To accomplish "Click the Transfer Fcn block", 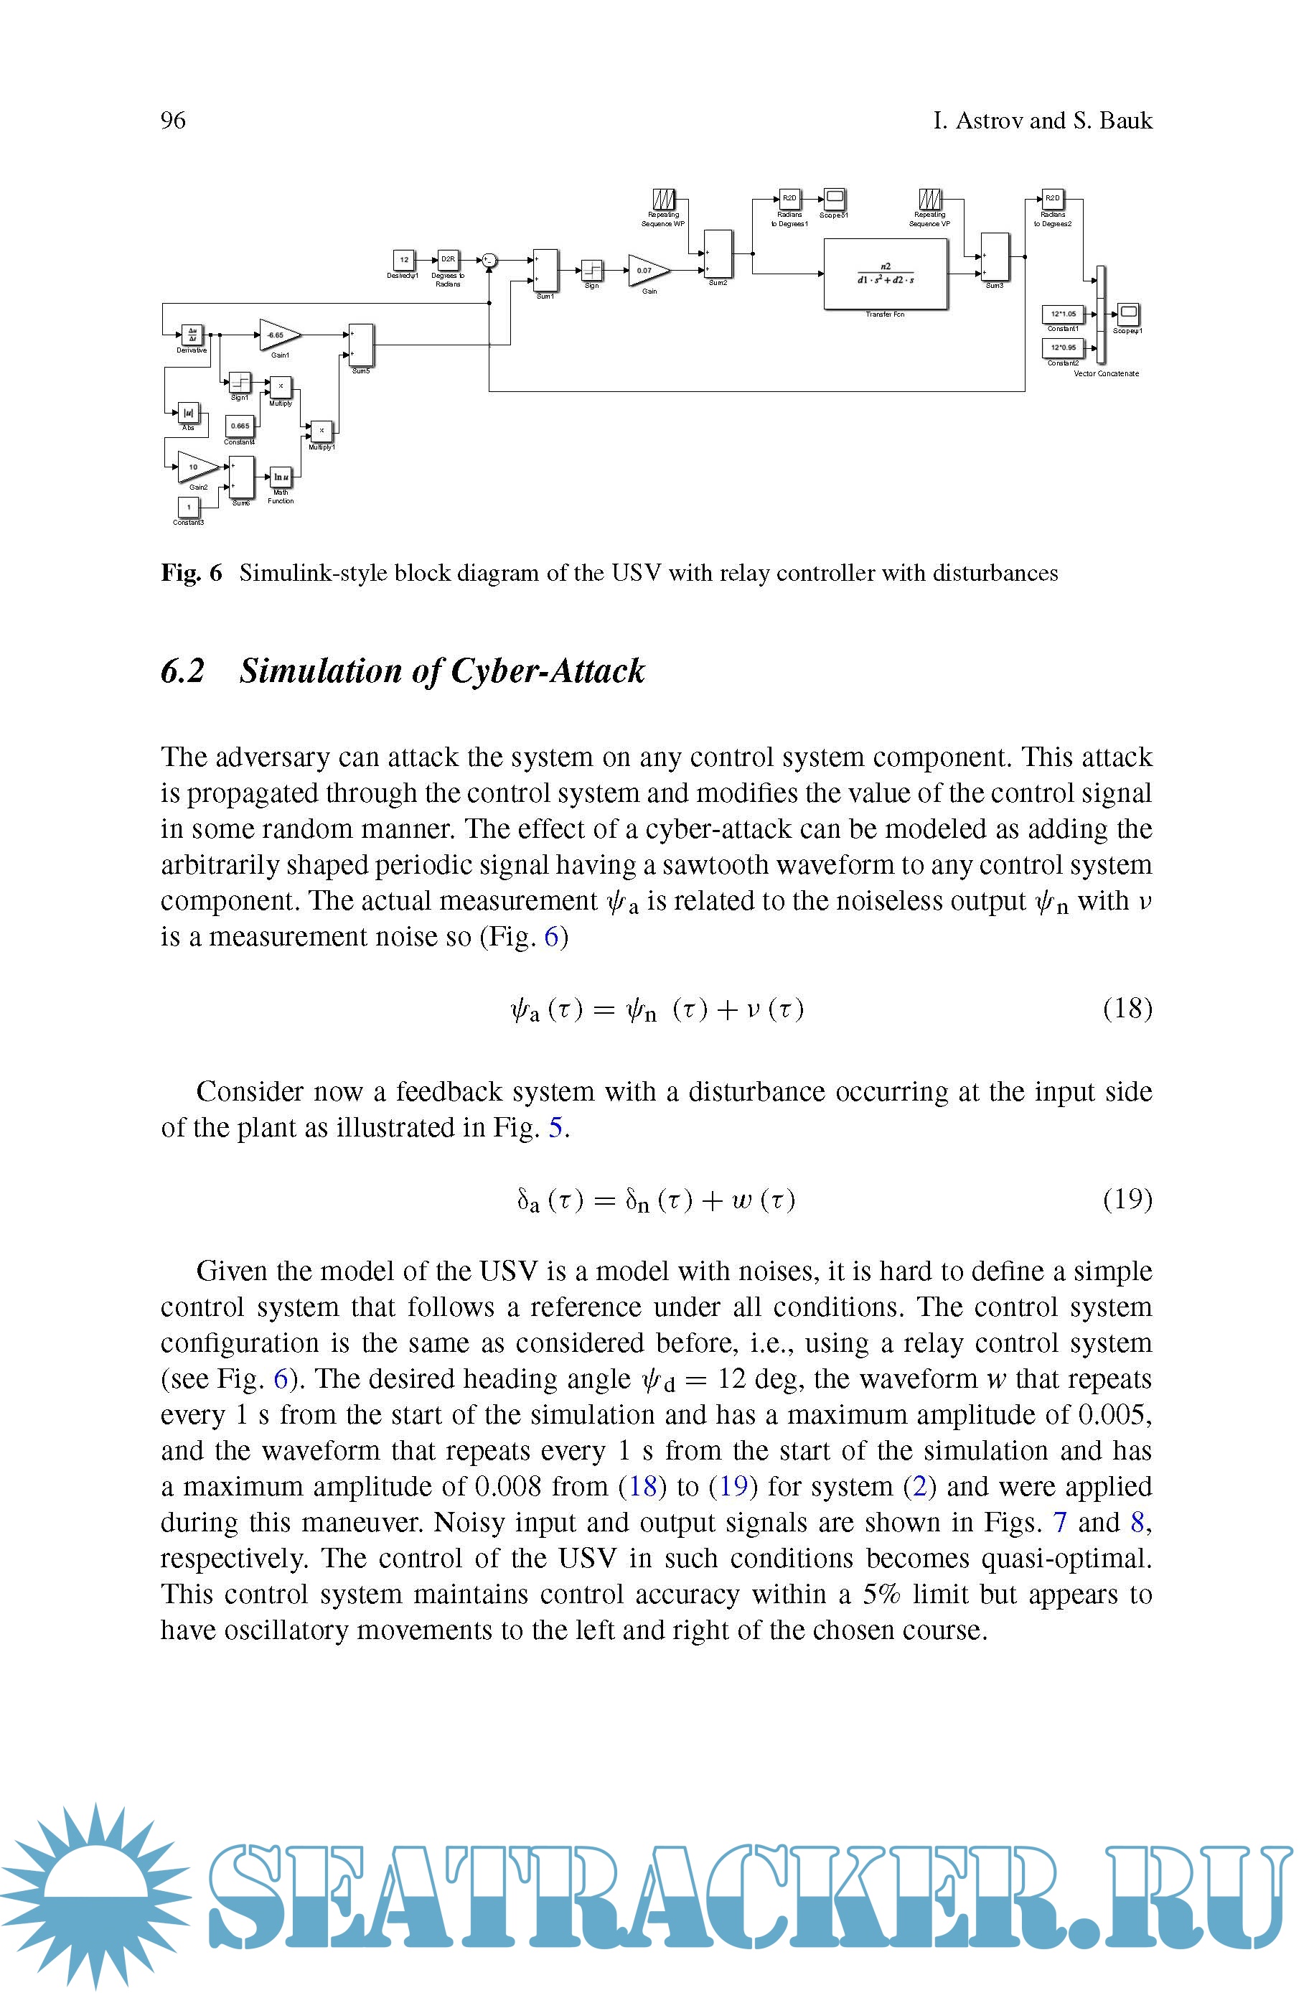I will (x=886, y=274).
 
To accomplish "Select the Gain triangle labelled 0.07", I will (x=647, y=271).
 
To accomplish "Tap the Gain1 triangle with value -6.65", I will (x=278, y=335).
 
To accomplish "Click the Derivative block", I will (x=192, y=335).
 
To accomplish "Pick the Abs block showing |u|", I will (x=189, y=412).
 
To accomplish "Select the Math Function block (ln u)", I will (x=281, y=477).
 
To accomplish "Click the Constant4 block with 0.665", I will (x=240, y=426).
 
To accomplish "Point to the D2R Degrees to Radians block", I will (x=449, y=260).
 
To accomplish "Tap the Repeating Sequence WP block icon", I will (x=664, y=200).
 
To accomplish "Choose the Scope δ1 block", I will (x=835, y=199).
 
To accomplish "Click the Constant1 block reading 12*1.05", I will (x=1063, y=314).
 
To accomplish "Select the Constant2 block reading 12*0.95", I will (x=1063, y=347).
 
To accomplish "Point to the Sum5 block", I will (x=361, y=345).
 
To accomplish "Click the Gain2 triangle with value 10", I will (x=197, y=467).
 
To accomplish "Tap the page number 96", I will (x=173, y=121).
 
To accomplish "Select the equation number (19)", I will (x=1127, y=1200).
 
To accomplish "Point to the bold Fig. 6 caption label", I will (x=191, y=573).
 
